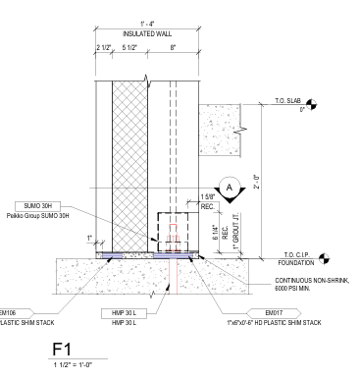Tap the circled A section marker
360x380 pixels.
tap(230, 188)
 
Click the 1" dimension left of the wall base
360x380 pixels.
tap(88, 238)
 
